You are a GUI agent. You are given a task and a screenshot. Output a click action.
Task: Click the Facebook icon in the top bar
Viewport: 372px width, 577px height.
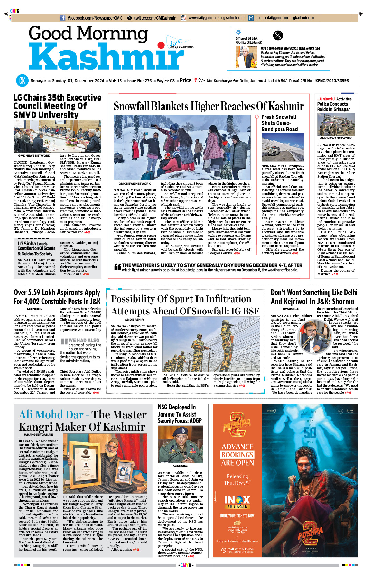63,18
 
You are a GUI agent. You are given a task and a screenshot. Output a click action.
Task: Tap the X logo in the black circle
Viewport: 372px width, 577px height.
278,35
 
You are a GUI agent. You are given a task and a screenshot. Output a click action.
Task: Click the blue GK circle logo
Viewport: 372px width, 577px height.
22,81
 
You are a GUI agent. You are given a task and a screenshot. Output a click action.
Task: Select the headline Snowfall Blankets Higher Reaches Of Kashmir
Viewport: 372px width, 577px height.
209,106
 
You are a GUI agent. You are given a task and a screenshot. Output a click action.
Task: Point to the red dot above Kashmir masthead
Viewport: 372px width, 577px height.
160,45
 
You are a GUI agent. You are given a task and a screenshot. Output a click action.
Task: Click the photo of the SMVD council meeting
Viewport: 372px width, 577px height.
57,137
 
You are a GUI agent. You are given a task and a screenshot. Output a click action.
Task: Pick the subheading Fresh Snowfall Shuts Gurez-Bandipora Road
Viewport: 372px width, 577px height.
279,123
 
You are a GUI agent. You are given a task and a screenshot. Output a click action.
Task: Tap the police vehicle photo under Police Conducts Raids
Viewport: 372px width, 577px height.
336,125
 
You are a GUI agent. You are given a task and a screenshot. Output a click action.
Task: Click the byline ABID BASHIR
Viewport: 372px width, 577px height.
134,320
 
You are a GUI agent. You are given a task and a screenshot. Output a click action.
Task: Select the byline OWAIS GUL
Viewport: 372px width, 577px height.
291,309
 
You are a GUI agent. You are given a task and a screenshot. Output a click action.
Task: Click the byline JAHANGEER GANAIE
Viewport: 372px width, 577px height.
38,435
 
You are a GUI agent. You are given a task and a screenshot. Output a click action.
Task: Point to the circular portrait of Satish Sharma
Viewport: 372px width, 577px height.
312,337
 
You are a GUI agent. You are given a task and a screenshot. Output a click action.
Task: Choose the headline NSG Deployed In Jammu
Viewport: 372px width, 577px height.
179,414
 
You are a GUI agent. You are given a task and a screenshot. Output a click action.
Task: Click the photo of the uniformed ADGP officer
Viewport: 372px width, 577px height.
180,444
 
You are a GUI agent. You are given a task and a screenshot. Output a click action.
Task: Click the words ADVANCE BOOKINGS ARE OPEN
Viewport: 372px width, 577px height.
237,455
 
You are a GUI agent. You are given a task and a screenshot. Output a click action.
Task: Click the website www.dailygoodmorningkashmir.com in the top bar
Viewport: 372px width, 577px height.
216,18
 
